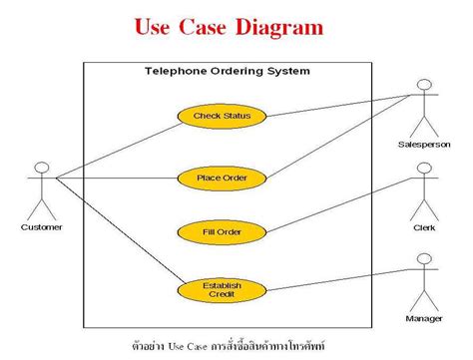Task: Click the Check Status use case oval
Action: [222, 117]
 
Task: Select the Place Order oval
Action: [222, 179]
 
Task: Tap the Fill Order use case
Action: [222, 232]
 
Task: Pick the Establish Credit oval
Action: [222, 290]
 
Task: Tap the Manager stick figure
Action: [424, 278]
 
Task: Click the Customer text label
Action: [41, 226]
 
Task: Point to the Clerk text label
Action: [424, 227]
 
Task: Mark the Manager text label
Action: [424, 318]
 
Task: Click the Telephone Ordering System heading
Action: [227, 71]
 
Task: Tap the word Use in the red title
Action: [153, 27]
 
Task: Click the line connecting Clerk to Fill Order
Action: [339, 204]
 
